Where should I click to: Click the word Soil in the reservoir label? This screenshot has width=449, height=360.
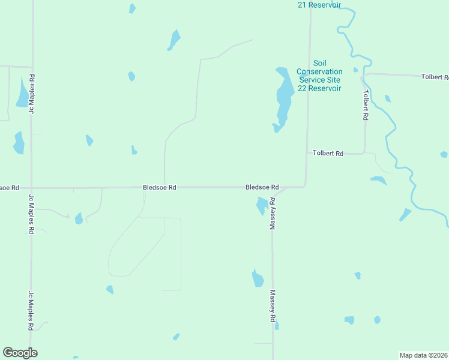319,63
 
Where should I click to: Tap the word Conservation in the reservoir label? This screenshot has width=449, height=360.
319,71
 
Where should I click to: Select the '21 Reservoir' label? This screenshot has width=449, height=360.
319,5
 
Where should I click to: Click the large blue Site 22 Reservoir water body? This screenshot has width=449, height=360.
283,96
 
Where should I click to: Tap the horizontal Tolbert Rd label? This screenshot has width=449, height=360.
328,154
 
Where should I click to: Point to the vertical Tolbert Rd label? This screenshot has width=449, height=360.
365,106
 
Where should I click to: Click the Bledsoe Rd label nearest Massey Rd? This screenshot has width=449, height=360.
262,187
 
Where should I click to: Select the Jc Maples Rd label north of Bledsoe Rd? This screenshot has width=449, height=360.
31,94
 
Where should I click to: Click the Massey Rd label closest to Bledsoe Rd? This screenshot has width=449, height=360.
273,213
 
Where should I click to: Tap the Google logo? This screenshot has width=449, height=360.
20,353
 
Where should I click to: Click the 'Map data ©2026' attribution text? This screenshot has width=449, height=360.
423,355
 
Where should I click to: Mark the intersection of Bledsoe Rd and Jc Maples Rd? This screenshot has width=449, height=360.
31,188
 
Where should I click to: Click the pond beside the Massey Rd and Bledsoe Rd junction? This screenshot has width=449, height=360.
262,205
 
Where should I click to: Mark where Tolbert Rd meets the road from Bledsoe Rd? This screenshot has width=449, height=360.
307,152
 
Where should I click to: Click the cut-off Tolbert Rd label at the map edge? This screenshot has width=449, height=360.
435,77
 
